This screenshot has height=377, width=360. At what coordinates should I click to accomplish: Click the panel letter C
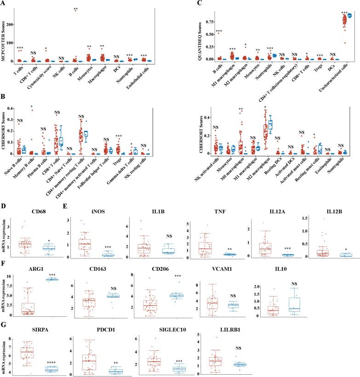(x=186, y=4)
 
